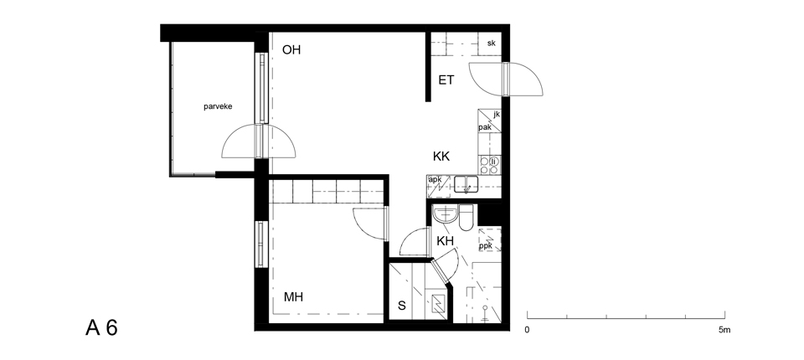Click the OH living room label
[x=291, y=49]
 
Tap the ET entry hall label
[x=446, y=80]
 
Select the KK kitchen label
[x=441, y=157]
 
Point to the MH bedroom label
[x=293, y=297]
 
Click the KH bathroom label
[x=445, y=241]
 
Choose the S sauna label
[x=402, y=306]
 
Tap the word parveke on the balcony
[x=218, y=106]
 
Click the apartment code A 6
[x=101, y=327]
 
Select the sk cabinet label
[x=492, y=43]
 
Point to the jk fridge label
[x=497, y=115]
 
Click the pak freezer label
[x=485, y=127]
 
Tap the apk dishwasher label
[x=435, y=179]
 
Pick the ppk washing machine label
[x=486, y=246]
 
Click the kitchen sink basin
[x=466, y=184]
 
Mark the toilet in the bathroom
[x=466, y=218]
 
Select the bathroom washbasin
[x=445, y=215]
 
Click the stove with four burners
[x=489, y=165]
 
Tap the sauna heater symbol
[x=438, y=305]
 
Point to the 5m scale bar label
[x=724, y=330]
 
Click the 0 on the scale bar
[x=527, y=330]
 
